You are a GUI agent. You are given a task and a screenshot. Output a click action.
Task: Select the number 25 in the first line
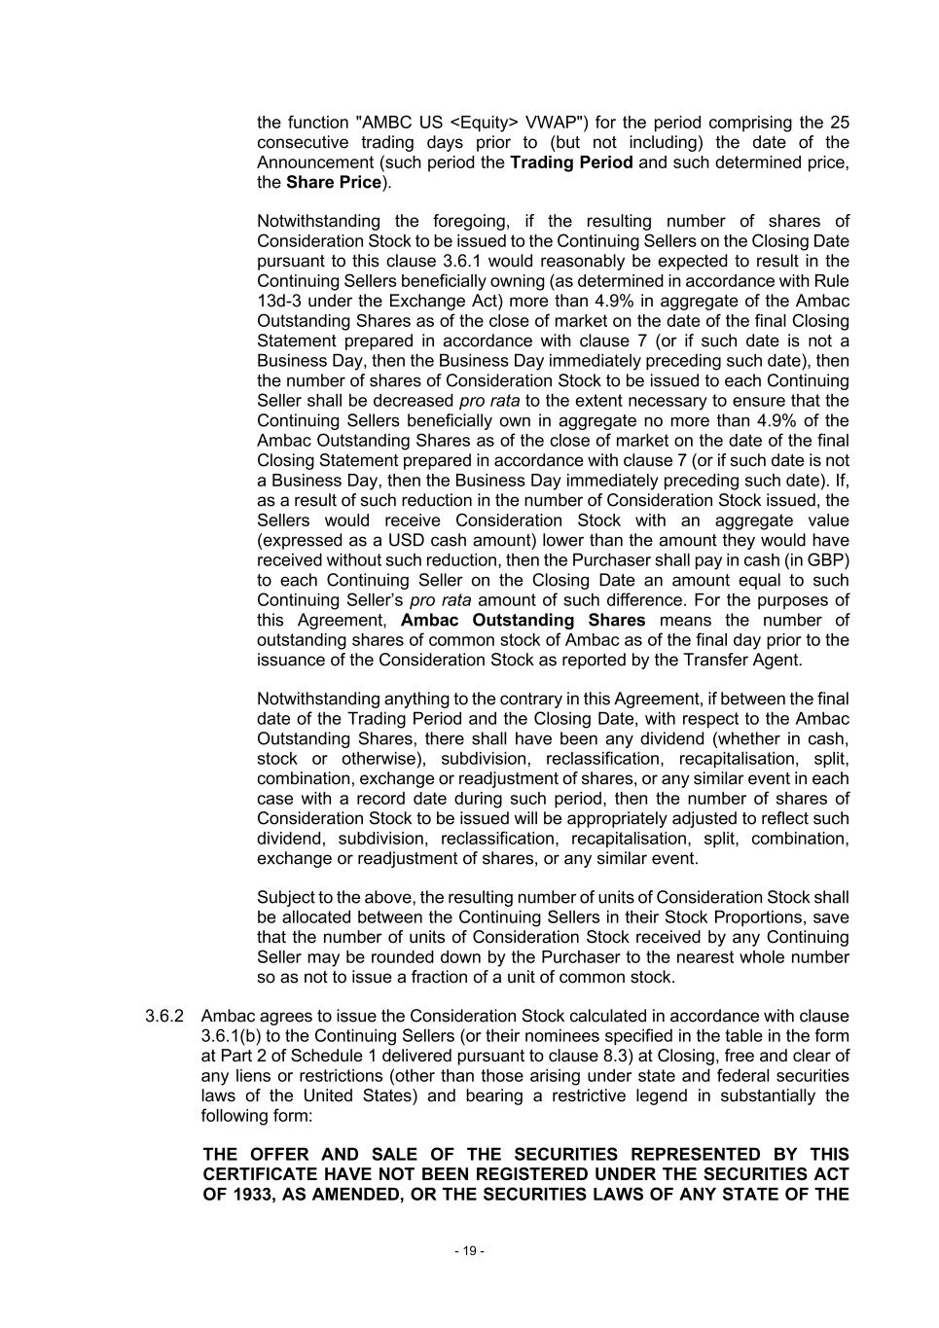point(839,123)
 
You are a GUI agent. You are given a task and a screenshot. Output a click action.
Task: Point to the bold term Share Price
point(333,183)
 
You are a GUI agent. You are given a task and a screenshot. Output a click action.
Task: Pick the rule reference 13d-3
point(278,301)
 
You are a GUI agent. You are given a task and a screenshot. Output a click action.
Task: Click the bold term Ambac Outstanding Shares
point(523,621)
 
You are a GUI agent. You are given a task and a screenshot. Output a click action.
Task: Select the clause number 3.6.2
point(164,1017)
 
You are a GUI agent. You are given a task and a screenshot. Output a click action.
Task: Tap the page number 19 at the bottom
point(469,1251)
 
